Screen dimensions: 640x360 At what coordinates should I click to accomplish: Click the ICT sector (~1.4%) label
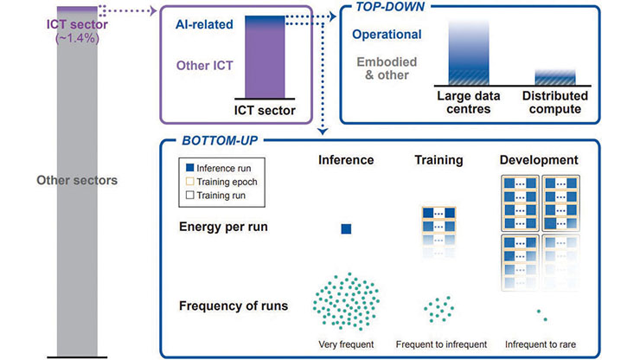click(x=77, y=31)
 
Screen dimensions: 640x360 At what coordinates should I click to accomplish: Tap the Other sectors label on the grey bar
click(x=77, y=180)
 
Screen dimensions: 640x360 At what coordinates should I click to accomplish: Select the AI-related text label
click(x=204, y=24)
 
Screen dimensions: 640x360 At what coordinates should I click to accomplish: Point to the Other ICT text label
click(x=204, y=66)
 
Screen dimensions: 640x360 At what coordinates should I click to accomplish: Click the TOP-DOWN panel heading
click(x=390, y=7)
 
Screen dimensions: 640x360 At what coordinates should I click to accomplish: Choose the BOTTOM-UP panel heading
click(x=220, y=140)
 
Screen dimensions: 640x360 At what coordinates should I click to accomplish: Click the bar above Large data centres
click(x=469, y=53)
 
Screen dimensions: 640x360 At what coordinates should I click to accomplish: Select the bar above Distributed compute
click(x=555, y=78)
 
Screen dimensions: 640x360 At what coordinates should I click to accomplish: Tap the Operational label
click(x=387, y=35)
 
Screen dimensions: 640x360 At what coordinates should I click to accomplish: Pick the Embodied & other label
click(x=387, y=68)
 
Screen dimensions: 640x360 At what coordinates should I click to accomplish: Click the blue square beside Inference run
click(x=189, y=168)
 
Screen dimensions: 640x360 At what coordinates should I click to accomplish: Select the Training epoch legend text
click(x=227, y=182)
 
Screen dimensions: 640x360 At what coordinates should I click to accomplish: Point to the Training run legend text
click(x=221, y=196)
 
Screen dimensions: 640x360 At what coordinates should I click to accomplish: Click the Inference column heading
click(x=346, y=160)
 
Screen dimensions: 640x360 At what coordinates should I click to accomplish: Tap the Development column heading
click(x=539, y=160)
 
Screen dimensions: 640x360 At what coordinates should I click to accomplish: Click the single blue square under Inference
click(x=346, y=228)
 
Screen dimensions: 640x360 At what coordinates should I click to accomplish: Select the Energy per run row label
click(x=223, y=227)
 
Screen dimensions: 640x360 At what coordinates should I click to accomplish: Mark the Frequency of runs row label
click(x=234, y=305)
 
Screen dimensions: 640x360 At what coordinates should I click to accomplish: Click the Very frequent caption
click(x=346, y=344)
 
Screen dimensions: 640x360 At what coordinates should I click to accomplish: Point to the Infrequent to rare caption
click(x=541, y=344)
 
